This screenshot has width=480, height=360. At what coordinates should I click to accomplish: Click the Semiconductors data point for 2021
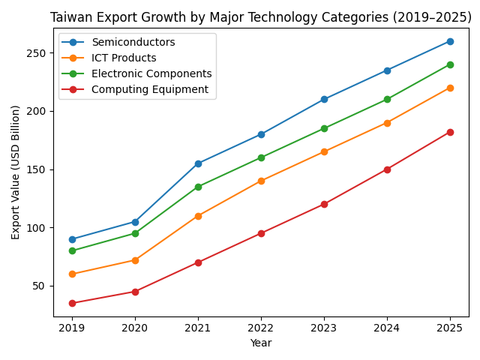click(198, 163)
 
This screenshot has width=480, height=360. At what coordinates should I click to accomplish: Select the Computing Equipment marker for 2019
click(72, 303)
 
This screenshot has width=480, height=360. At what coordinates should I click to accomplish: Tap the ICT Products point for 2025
click(450, 88)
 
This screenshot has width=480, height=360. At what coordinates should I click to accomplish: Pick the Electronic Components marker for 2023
click(324, 128)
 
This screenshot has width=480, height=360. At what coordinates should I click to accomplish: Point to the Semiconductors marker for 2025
click(450, 41)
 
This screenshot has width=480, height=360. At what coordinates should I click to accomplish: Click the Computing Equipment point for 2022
click(261, 233)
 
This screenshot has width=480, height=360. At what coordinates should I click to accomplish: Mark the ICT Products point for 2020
click(135, 260)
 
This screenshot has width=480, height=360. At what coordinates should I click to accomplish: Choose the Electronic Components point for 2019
click(72, 250)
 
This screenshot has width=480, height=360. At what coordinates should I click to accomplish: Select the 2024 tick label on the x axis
click(387, 328)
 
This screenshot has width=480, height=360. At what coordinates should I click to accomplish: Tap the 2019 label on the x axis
click(72, 328)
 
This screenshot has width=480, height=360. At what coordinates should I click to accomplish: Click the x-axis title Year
click(261, 343)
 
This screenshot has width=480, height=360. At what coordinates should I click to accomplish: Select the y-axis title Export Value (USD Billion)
click(16, 172)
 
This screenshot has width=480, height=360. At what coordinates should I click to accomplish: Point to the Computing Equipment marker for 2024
click(387, 169)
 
